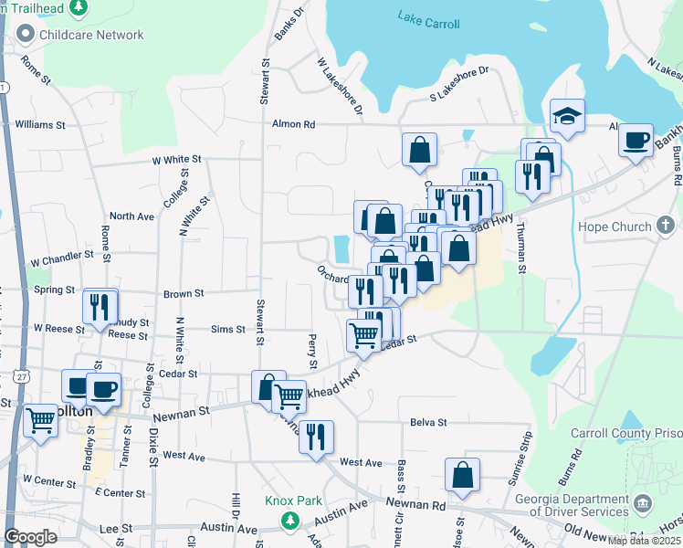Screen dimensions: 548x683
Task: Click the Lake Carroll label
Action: coord(428,18)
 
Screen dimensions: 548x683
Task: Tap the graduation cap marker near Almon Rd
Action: coord(567,118)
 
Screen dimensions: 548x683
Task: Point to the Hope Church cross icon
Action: coord(667,226)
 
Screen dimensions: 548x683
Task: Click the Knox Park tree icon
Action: coord(289,521)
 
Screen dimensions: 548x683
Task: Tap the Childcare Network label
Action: coord(91,35)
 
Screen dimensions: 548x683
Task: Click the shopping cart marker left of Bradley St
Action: coord(41,421)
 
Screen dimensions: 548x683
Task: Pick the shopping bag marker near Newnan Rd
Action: coord(462,475)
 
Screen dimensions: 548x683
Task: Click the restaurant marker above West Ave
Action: coord(316,437)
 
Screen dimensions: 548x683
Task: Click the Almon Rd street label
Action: coord(293,124)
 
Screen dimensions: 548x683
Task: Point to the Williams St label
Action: coord(40,123)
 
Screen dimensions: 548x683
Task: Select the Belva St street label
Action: coord(428,423)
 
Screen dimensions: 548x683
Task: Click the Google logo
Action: coord(30,537)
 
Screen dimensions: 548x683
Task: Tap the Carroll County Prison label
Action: coord(626,433)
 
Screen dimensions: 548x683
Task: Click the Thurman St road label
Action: coord(520,248)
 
